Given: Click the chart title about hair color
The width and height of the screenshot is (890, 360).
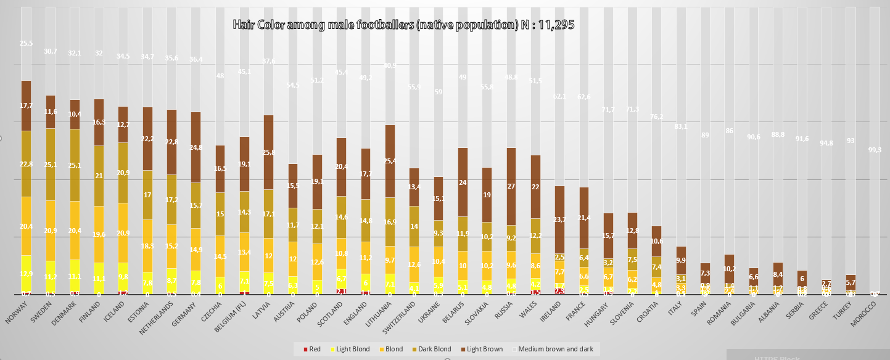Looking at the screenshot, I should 403,25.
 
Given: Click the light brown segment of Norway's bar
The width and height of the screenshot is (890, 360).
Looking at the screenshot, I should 26,105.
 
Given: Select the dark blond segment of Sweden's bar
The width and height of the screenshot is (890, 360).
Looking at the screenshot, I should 51,164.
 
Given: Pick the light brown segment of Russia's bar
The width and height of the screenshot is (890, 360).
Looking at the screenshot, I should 511,186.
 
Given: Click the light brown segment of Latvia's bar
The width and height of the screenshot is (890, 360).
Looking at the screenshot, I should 268,152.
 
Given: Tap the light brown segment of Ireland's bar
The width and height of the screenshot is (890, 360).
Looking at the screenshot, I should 559,219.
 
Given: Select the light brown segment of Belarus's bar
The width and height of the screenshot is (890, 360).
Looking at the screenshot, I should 463,182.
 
